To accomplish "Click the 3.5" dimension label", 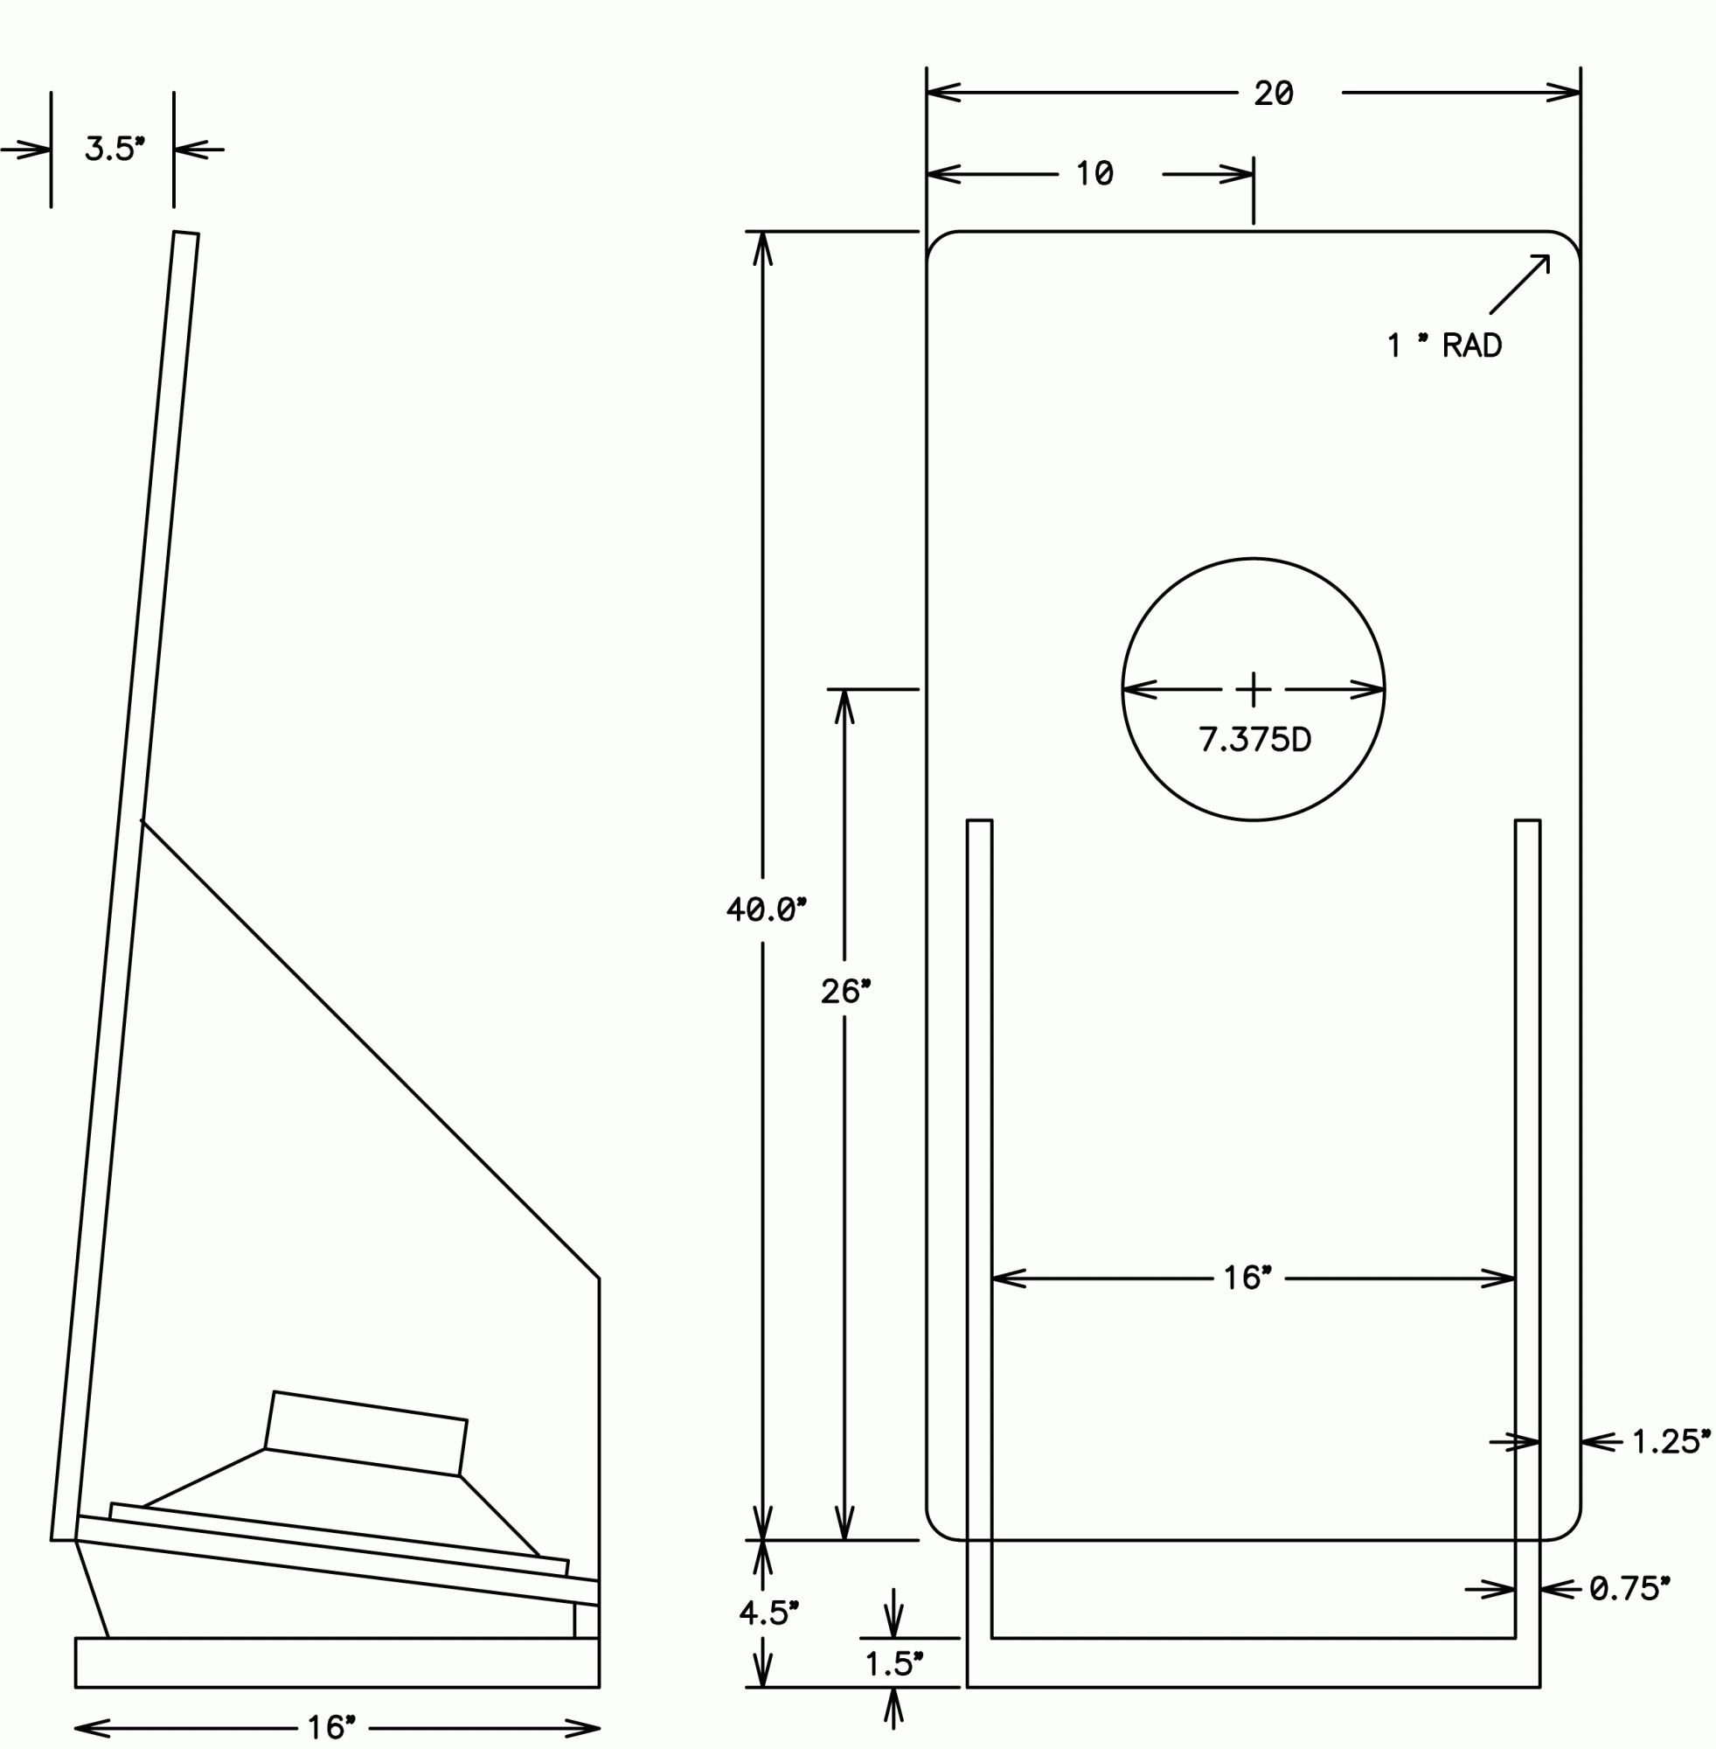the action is [x=115, y=149].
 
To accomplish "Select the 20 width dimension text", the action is [x=1274, y=93].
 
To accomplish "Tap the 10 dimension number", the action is [x=1095, y=173].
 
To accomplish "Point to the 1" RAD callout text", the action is [x=1445, y=345].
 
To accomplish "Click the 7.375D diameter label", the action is [x=1254, y=739].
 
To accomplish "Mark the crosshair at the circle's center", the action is [x=1253, y=690].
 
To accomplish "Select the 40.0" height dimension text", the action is [x=766, y=909].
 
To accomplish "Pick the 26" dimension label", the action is [x=845, y=992].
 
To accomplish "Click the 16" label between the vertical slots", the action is [x=1247, y=1278].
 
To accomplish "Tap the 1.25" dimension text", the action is [x=1671, y=1441].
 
